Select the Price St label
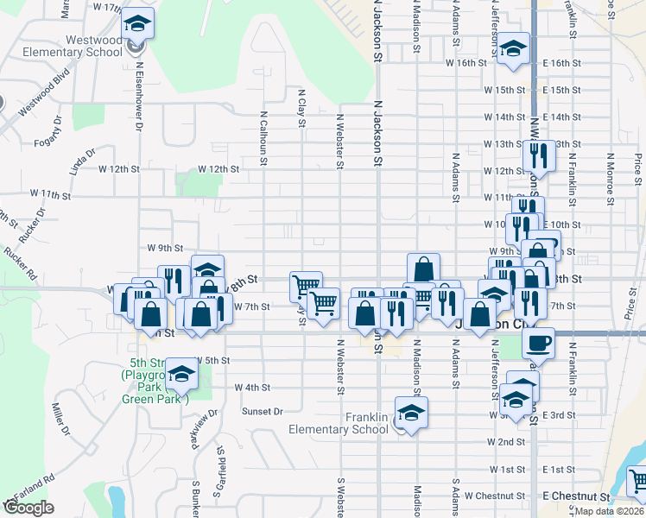click(x=638, y=168)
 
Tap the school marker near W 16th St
click(x=512, y=50)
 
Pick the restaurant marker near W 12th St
click(x=537, y=156)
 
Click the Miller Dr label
click(x=60, y=420)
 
